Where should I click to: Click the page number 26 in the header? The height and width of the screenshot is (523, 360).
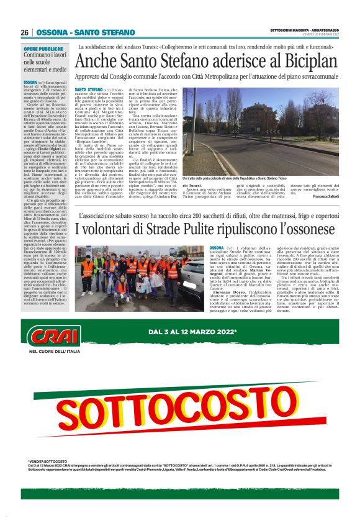[25, 33]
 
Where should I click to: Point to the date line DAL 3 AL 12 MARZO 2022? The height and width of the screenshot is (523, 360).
[202, 333]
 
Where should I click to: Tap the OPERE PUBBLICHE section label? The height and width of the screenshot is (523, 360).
[43, 48]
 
